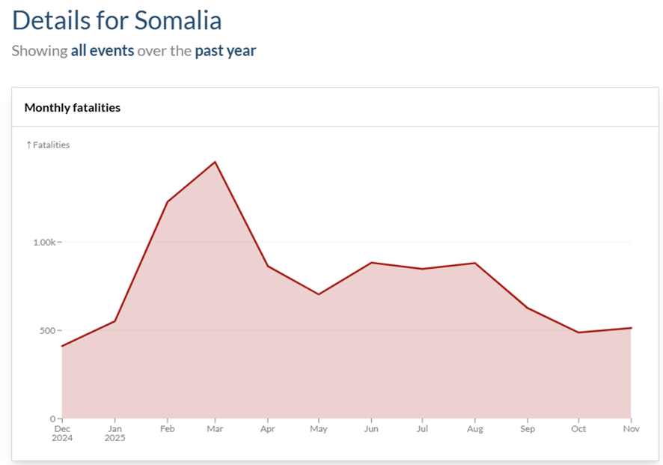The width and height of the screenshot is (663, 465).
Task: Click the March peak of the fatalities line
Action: (x=215, y=162)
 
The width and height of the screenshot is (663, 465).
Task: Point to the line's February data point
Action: (x=167, y=202)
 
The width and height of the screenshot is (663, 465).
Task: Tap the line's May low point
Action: (x=319, y=294)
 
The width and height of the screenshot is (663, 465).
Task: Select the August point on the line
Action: (x=474, y=263)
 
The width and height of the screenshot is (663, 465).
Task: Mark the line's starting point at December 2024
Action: (x=62, y=346)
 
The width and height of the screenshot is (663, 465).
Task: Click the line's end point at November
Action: (x=631, y=328)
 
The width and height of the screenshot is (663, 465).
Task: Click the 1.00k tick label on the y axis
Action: (x=44, y=243)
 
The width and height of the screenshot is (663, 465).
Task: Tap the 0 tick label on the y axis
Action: (x=54, y=419)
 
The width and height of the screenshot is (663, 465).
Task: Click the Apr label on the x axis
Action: (x=267, y=430)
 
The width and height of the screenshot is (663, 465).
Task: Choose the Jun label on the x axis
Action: (x=370, y=430)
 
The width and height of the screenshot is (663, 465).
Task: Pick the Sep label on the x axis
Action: (x=527, y=430)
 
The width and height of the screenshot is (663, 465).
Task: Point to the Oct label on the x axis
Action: (x=578, y=430)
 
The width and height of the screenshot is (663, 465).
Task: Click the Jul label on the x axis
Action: (x=422, y=430)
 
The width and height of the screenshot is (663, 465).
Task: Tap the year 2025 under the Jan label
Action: (x=114, y=438)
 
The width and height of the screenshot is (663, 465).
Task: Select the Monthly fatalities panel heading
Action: (x=73, y=108)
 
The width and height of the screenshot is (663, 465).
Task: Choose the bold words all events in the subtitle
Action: (x=103, y=51)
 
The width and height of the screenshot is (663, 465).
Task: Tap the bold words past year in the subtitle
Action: (x=225, y=51)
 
